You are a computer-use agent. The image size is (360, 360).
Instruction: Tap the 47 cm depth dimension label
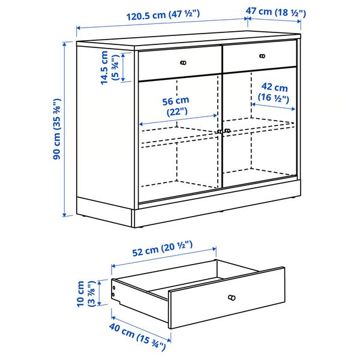pos(276,12)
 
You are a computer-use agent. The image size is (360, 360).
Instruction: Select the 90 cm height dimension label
pos(56,129)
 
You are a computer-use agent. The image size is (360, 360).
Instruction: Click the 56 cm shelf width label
pos(177,106)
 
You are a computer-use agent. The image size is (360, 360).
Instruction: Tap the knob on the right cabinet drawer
pos(262,56)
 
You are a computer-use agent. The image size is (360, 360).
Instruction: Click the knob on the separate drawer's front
pos(231,298)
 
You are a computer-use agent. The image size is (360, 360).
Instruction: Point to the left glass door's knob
pos(220,131)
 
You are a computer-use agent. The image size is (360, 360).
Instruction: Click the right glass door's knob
pos(227,130)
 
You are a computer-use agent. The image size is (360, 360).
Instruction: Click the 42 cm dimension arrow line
pos(273,106)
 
